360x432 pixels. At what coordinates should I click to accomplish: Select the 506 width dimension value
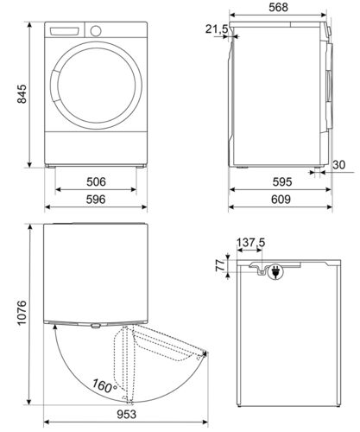[x=96, y=182]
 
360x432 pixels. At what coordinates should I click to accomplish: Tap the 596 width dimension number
[x=96, y=199]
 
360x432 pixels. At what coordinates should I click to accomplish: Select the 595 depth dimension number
[x=279, y=182]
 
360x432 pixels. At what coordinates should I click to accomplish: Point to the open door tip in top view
[x=205, y=353]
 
